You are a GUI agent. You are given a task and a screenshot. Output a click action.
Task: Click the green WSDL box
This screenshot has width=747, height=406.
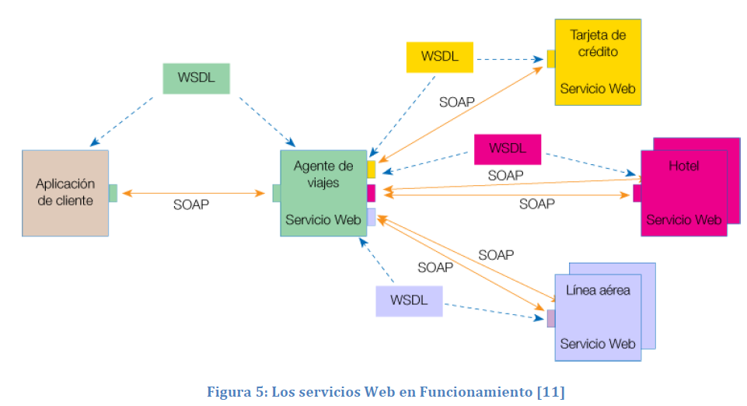[x=196, y=79]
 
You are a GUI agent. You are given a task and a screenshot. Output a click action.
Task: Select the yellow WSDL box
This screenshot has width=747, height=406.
[x=439, y=57]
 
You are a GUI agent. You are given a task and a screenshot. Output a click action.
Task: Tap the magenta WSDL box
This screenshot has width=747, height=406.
[x=507, y=149]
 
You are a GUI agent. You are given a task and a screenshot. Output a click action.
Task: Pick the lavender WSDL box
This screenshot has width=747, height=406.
[x=409, y=301]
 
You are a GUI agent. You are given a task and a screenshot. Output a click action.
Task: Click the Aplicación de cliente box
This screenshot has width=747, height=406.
[x=65, y=193]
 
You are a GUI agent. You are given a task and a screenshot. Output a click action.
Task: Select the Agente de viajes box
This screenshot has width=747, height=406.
[x=323, y=193]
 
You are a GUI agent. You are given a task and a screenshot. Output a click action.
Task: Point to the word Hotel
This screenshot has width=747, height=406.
[x=683, y=166]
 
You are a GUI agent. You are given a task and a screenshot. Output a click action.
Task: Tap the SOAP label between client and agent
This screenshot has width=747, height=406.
[x=190, y=205]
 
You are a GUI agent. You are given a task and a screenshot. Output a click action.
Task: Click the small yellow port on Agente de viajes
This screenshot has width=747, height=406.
[x=371, y=169]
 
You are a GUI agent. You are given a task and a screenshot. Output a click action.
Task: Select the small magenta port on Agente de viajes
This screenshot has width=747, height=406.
[x=371, y=193]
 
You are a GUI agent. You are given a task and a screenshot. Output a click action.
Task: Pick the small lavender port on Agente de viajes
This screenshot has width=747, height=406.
[x=371, y=217]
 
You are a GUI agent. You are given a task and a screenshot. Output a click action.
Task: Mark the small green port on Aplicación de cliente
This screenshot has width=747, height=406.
[x=113, y=193]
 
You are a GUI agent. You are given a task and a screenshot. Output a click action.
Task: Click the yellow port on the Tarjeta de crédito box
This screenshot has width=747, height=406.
[x=550, y=58]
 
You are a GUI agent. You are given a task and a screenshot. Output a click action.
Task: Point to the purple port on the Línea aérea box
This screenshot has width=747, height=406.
[x=550, y=318]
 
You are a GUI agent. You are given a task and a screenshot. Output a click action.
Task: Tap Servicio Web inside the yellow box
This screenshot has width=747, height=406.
[x=597, y=89]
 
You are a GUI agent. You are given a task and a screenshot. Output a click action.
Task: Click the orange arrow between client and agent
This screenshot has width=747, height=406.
[x=190, y=193]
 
